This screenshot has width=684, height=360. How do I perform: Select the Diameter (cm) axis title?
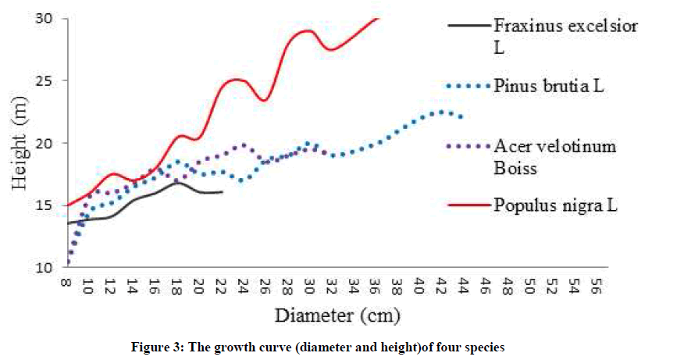(x=337, y=316)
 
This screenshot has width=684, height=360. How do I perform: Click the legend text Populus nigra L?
(x=556, y=205)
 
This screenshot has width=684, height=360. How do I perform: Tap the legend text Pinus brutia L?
(x=549, y=85)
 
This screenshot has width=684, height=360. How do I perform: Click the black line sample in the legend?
(x=468, y=26)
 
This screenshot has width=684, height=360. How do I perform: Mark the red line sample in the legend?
(x=468, y=205)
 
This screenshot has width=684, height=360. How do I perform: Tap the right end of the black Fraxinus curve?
(x=223, y=191)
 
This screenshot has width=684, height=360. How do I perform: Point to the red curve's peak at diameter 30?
(x=308, y=30)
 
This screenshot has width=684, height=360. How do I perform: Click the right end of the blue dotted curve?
(x=461, y=116)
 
